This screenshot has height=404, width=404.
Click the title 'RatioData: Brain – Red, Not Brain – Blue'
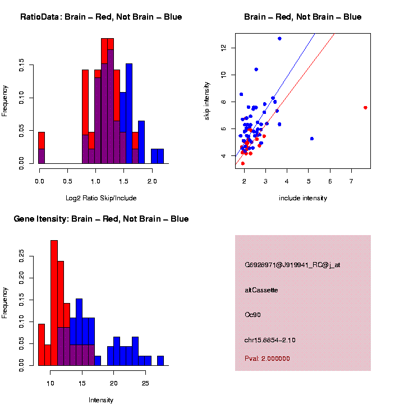101,17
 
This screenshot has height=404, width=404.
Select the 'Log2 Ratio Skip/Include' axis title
102,198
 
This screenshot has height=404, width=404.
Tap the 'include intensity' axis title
303,198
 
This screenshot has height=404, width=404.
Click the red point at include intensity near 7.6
365,107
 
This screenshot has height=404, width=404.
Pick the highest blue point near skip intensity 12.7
279,38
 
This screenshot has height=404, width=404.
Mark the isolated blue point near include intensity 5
312,138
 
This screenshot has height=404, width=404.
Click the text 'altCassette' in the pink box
261,290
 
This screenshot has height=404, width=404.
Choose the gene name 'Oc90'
253,315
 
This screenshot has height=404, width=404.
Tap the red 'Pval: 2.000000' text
267,359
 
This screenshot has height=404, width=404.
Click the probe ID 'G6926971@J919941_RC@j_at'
292,265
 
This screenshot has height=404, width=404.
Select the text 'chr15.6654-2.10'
270,340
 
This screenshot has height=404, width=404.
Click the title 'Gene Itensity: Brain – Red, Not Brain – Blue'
101,219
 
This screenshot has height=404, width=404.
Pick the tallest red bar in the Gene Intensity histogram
54,303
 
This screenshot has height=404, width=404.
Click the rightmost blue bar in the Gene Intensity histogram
160,360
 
